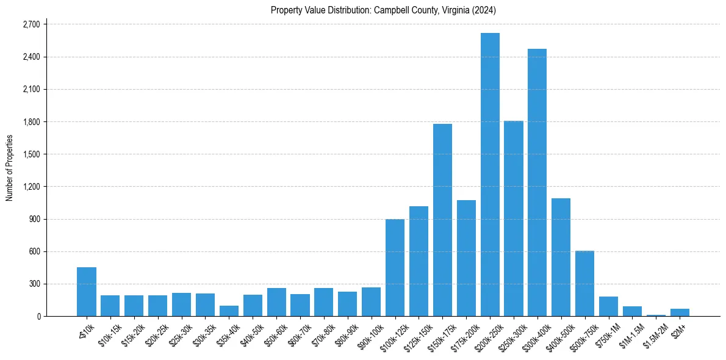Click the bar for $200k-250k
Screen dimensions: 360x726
[490, 175]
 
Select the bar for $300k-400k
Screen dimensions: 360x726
[537, 182]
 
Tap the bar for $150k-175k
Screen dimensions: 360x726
[442, 220]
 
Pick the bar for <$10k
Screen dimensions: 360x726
[87, 292]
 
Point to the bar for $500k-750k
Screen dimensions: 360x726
[584, 283]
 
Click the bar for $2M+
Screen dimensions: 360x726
[680, 312]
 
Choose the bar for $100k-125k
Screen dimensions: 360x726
[395, 267]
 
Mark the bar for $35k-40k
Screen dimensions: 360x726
[229, 311]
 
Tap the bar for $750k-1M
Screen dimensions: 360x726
[608, 306]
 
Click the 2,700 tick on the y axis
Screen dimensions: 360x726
[31, 24]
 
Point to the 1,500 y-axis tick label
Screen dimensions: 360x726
[31, 154]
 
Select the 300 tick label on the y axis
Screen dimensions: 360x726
[34, 284]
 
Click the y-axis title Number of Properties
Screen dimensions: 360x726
[10, 168]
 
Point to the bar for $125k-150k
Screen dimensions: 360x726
[419, 261]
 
